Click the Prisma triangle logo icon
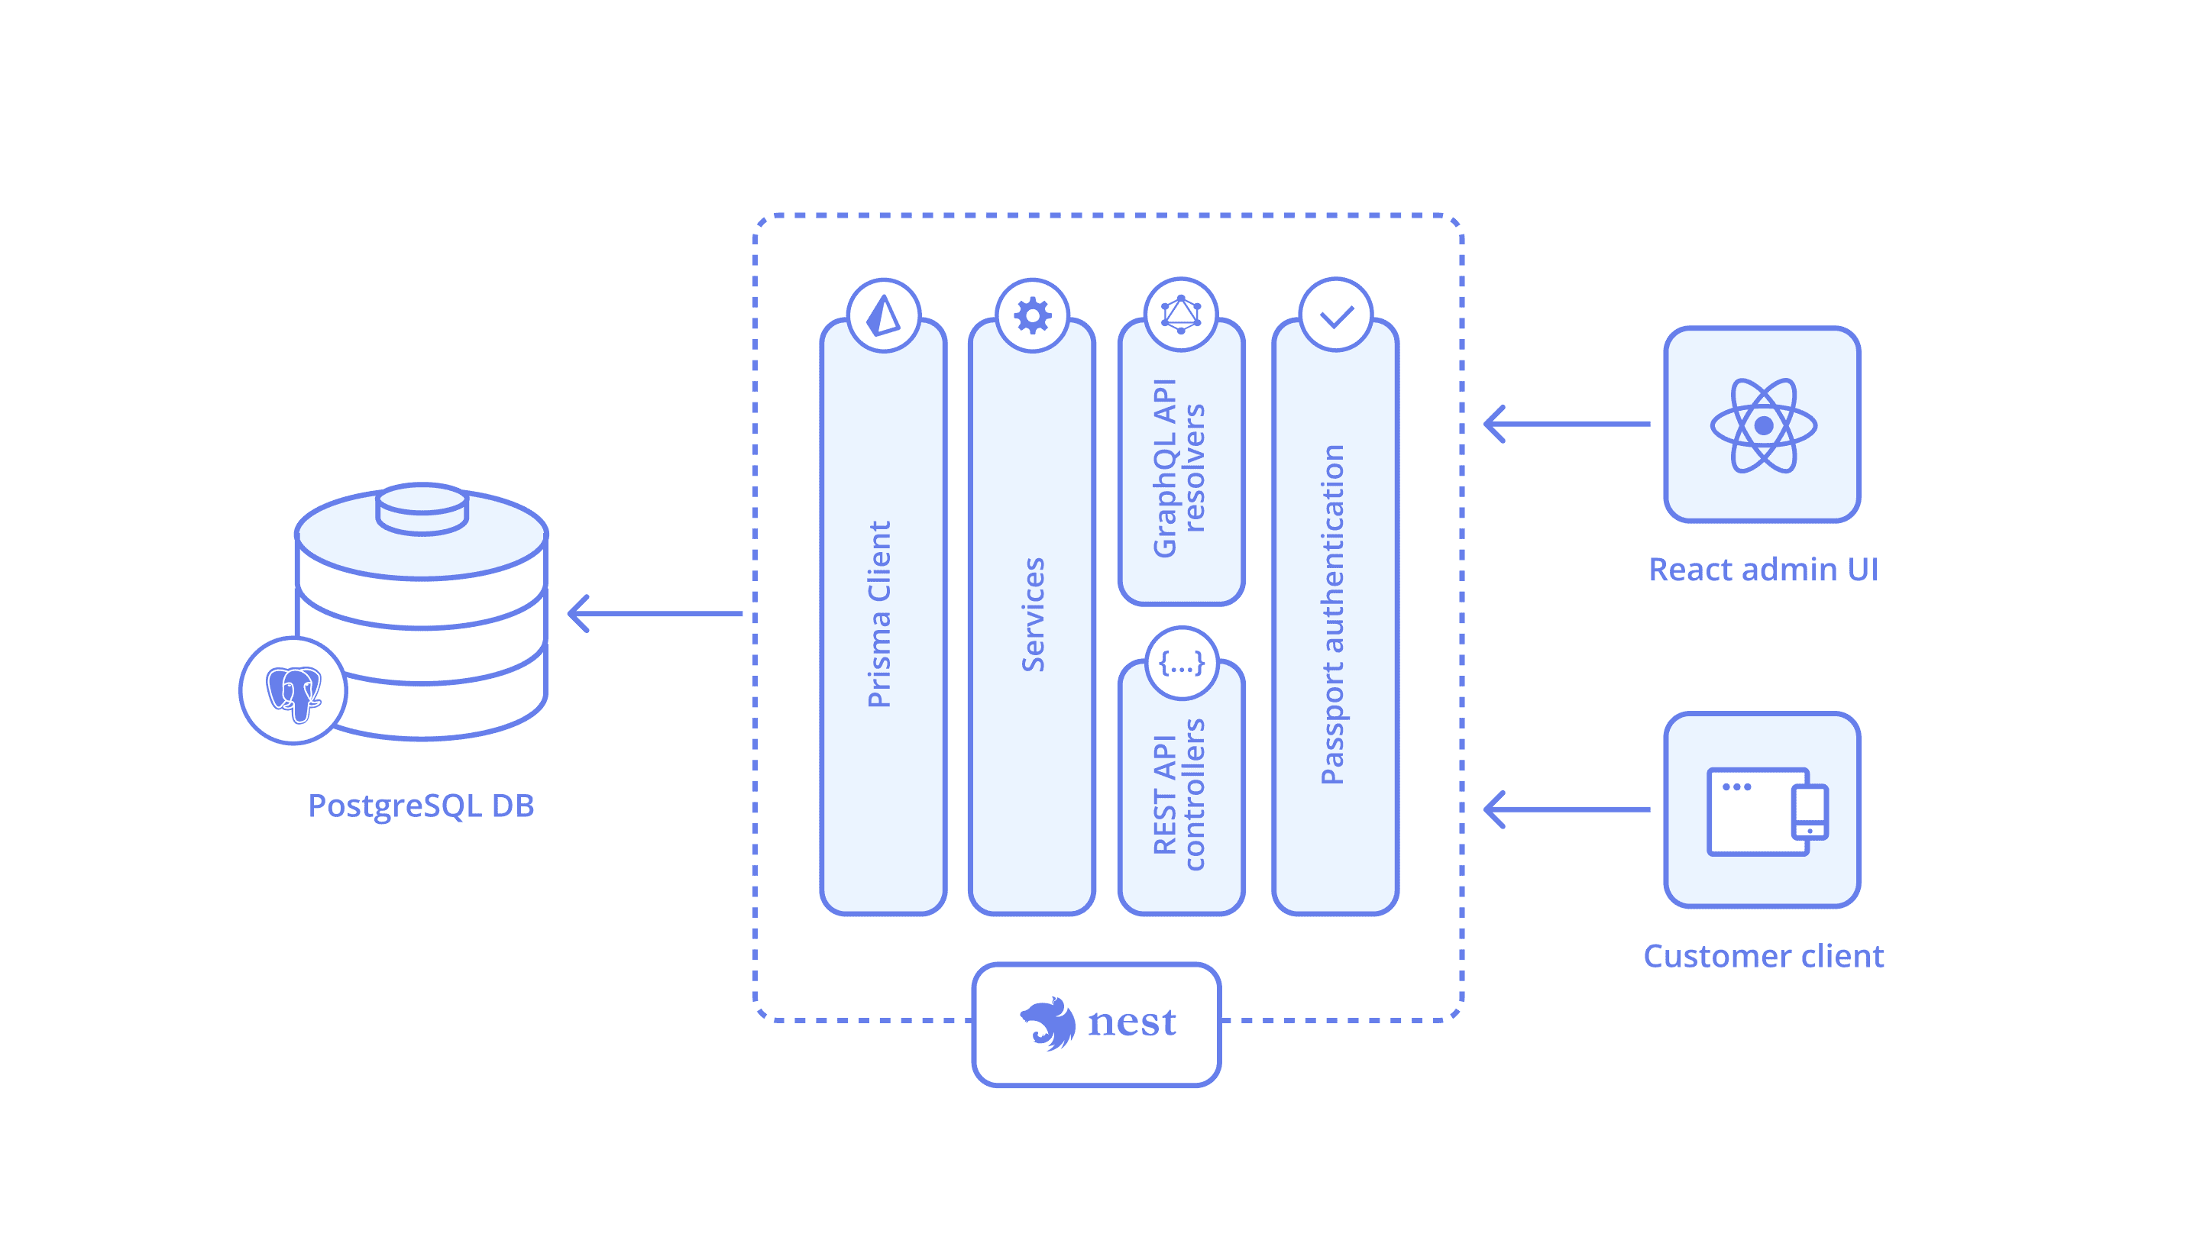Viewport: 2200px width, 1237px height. click(883, 315)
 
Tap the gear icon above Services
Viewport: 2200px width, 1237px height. click(1033, 316)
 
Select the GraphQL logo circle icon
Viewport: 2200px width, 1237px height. click(1181, 314)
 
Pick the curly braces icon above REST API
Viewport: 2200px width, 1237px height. click(1181, 664)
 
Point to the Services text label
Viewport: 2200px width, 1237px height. click(1034, 614)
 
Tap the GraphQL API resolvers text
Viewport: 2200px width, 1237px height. click(1179, 468)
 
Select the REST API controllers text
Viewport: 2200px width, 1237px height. click(1179, 794)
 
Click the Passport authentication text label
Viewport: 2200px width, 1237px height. click(1333, 614)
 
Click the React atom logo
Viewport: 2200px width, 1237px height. click(1763, 425)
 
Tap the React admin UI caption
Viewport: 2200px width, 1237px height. click(1763, 570)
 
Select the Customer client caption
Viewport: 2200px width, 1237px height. click(1763, 956)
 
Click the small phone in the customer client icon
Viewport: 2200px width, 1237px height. click(1809, 812)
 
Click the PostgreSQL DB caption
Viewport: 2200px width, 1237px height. click(421, 806)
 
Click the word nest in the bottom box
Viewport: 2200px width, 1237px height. click(1131, 1022)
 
